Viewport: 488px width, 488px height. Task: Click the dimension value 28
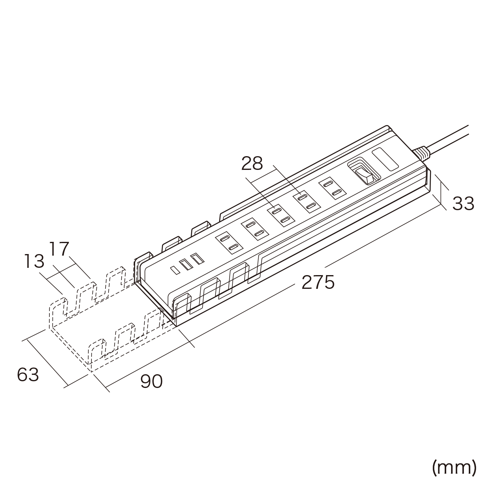(x=252, y=164)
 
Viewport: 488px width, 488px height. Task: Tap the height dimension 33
(x=463, y=203)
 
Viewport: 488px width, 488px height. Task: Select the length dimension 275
(x=318, y=282)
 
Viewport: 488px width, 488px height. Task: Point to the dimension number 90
(x=151, y=381)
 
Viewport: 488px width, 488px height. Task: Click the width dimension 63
(x=28, y=375)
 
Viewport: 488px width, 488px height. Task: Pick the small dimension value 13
(x=34, y=261)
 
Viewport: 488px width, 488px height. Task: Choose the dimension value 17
(x=59, y=249)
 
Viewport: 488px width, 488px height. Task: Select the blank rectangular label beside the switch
(x=386, y=159)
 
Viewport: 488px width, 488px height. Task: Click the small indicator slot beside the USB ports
(x=175, y=270)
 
